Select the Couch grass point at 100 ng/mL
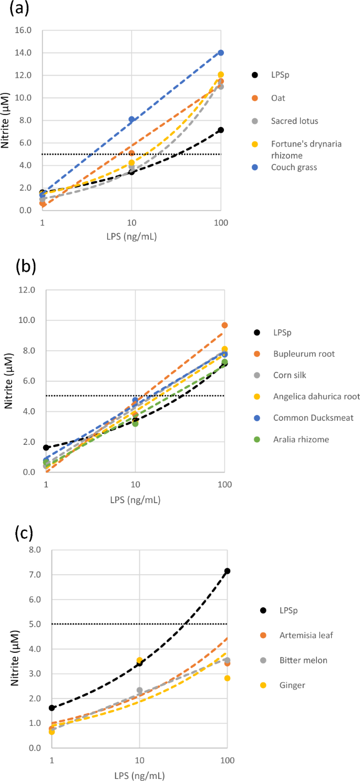(221, 53)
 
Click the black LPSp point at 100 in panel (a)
(221, 130)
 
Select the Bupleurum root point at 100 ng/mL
(224, 325)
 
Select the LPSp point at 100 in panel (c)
(227, 571)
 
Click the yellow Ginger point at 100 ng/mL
(227, 678)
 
